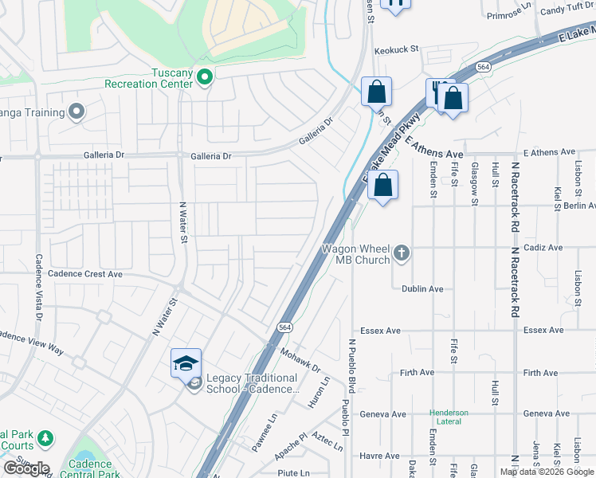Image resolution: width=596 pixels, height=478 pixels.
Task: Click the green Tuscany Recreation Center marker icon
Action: tap(205, 78)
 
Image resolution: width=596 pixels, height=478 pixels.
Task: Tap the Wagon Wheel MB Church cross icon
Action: tap(402, 253)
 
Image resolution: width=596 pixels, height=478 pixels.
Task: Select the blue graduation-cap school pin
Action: tap(186, 364)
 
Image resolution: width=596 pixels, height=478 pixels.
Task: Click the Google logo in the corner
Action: tap(26, 468)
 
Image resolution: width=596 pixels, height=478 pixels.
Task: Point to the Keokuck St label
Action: tap(396, 49)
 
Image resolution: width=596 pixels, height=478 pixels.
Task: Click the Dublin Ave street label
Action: tap(422, 289)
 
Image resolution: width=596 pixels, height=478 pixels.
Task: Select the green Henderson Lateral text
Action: tap(449, 417)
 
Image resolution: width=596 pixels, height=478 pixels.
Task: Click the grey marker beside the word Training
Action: tap(76, 112)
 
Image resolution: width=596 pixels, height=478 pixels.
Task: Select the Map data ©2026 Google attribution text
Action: tap(547, 472)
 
